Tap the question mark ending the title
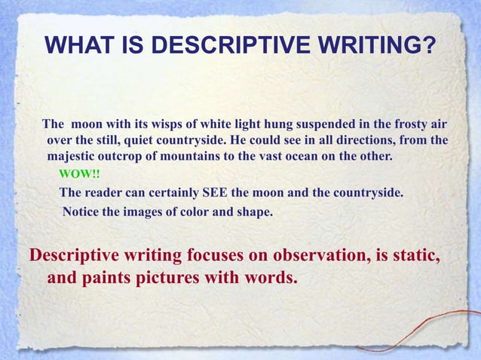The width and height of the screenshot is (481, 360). coord(427,48)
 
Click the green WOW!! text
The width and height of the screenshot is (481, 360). coord(78,175)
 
